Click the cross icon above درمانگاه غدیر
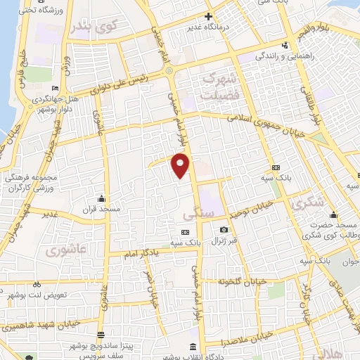(208, 15)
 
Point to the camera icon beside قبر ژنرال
(224, 230)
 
